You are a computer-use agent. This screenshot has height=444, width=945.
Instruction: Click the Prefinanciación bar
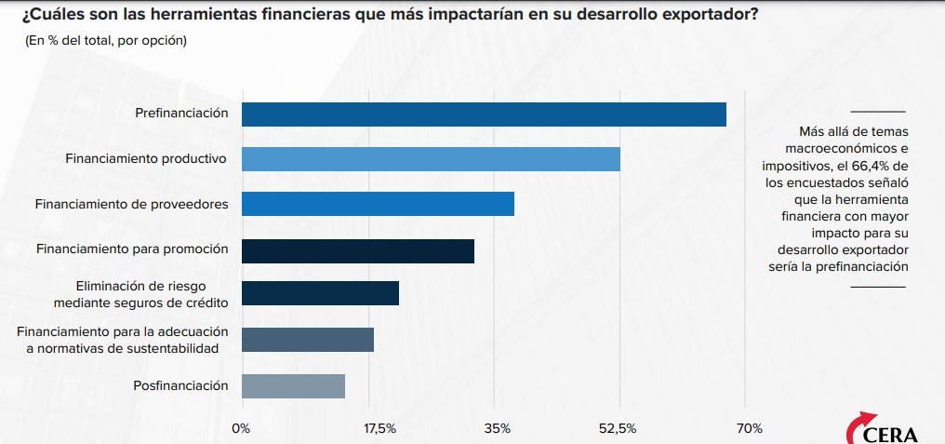484,114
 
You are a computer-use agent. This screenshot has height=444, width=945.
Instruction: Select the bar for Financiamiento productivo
431,158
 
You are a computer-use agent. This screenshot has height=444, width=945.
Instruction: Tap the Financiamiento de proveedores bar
378,203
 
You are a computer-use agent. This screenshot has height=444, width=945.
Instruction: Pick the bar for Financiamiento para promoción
358,250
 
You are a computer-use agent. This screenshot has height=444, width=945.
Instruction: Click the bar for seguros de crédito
320,293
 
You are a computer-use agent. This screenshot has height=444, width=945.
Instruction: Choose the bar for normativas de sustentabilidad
308,340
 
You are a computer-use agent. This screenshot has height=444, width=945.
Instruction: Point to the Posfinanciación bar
293,385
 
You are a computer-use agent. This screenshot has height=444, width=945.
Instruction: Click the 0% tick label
241,428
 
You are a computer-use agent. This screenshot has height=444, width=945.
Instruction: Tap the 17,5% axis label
379,428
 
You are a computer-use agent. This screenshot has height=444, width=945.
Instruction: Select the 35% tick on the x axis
498,428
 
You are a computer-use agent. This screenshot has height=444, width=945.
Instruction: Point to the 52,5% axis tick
618,428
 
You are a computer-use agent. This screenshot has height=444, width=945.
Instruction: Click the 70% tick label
750,428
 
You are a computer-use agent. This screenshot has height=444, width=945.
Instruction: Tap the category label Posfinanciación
182,384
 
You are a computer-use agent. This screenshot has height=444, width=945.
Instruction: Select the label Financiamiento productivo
146,158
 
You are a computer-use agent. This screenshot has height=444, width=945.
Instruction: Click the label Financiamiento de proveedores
131,203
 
